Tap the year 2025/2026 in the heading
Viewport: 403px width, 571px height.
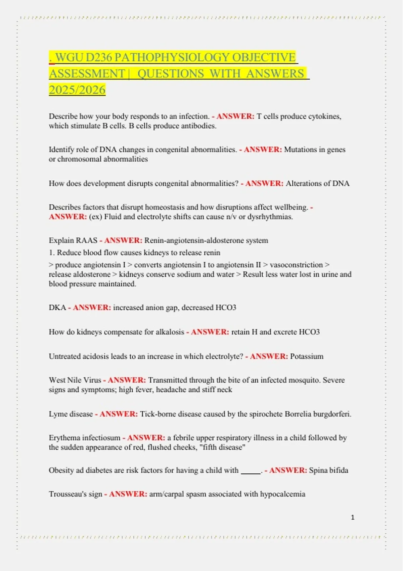pyautogui.click(x=77, y=90)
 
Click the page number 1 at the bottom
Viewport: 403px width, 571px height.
pyautogui.click(x=353, y=517)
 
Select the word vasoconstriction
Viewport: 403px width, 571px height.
pyautogui.click(x=296, y=265)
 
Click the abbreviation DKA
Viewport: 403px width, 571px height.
pyautogui.click(x=57, y=308)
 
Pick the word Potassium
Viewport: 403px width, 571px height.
pyautogui.click(x=307, y=356)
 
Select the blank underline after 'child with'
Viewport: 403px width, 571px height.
pyautogui.click(x=251, y=471)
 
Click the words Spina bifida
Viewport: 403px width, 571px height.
pyautogui.click(x=328, y=470)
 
